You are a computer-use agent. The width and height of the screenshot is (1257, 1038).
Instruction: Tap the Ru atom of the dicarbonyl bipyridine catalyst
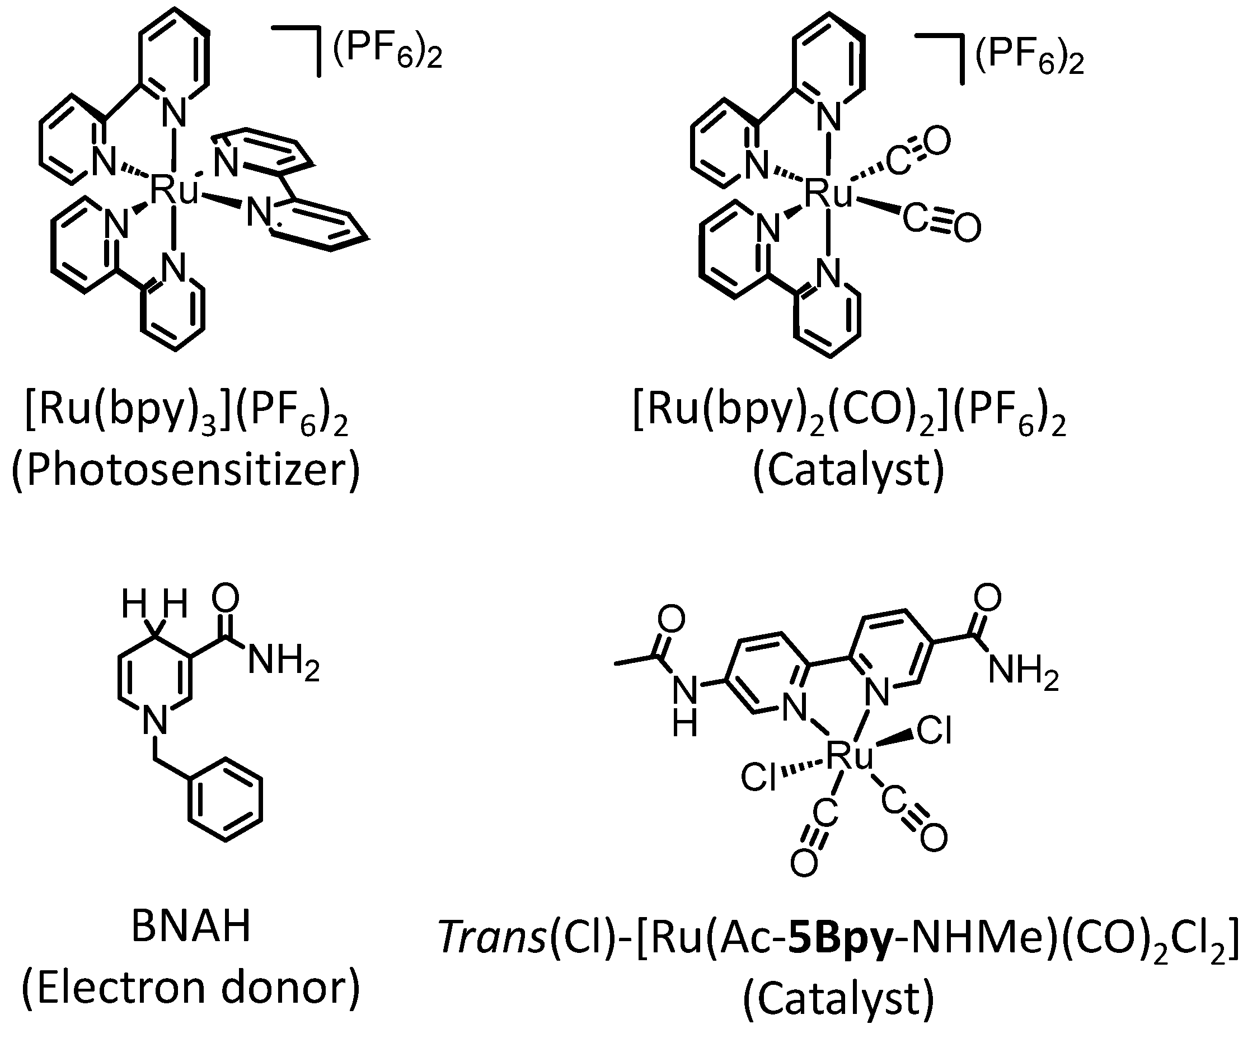click(828, 194)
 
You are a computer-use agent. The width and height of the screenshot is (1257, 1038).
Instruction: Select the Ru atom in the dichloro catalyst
click(850, 756)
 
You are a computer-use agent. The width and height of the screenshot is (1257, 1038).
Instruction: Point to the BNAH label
click(191, 925)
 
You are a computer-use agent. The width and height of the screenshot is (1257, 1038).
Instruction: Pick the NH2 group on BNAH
click(283, 662)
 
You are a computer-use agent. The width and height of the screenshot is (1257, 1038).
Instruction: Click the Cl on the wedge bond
click(934, 731)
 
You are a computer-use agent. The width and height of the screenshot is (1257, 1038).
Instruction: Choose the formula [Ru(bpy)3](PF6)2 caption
click(186, 413)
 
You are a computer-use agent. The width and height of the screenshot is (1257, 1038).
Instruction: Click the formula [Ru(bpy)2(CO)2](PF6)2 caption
click(849, 413)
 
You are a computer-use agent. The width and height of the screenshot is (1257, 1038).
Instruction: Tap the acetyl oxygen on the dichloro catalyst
click(671, 619)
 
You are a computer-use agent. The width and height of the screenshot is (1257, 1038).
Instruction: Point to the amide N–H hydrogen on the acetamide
click(685, 724)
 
